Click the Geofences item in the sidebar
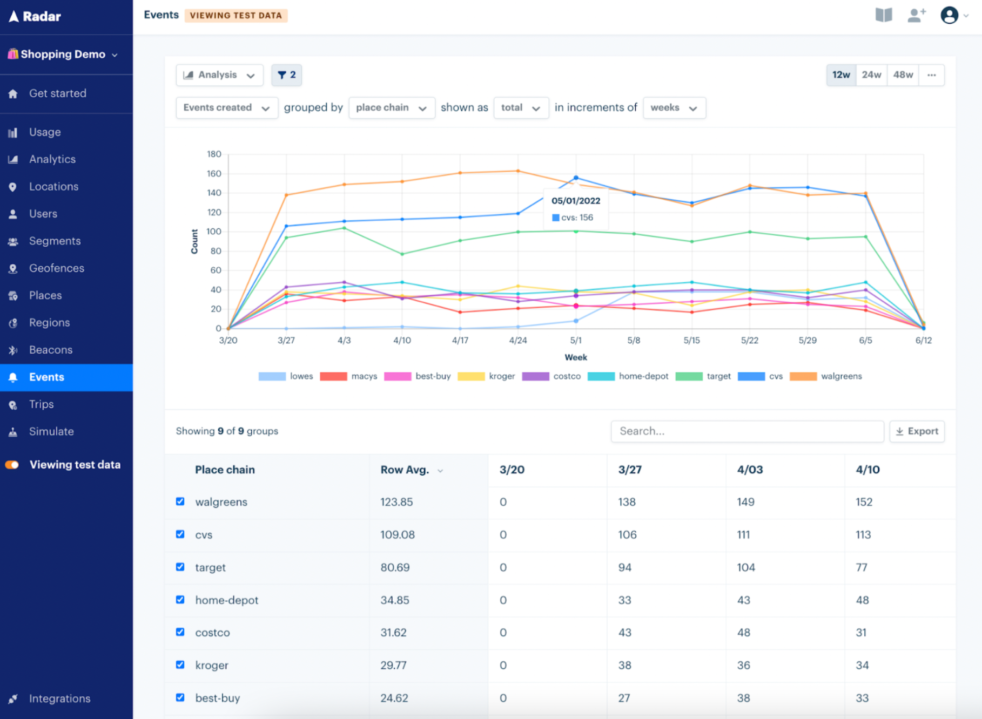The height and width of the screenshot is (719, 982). [x=56, y=268]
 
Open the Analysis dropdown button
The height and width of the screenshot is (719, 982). [x=219, y=75]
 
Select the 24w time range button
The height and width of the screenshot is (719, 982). [x=871, y=75]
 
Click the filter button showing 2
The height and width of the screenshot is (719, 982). [x=286, y=75]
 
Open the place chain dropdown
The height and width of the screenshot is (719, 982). [x=391, y=108]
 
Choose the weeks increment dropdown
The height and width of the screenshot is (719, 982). [x=674, y=108]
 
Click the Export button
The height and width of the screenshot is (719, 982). [x=917, y=431]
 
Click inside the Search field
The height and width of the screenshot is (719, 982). [x=746, y=431]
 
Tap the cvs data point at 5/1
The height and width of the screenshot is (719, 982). [x=576, y=178]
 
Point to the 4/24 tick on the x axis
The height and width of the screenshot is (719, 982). [x=517, y=341]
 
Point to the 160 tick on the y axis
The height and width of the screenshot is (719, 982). [x=214, y=174]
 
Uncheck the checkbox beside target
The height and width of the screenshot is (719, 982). [x=180, y=567]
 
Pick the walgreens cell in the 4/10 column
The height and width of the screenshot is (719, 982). [x=864, y=502]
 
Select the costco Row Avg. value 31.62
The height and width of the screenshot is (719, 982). [x=393, y=633]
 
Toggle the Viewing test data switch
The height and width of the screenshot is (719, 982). [x=12, y=465]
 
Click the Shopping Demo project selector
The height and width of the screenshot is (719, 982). [x=63, y=55]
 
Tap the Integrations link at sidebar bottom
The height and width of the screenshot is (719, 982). [x=59, y=698]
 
